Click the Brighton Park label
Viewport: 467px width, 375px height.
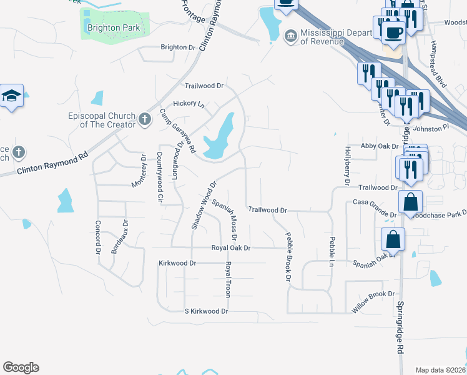(114, 28)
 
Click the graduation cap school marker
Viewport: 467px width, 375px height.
(11, 96)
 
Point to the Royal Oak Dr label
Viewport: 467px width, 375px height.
(230, 248)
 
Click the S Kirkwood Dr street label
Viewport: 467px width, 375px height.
(206, 311)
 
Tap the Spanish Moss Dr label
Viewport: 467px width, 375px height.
(225, 219)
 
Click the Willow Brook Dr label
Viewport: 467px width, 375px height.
(373, 294)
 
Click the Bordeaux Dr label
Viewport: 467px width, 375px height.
(119, 236)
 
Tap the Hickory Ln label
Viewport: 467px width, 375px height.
(189, 104)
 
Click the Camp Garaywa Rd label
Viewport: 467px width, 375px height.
(177, 131)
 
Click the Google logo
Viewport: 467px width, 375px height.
(21, 367)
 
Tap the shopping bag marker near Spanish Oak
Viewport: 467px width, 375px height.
(393, 239)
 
